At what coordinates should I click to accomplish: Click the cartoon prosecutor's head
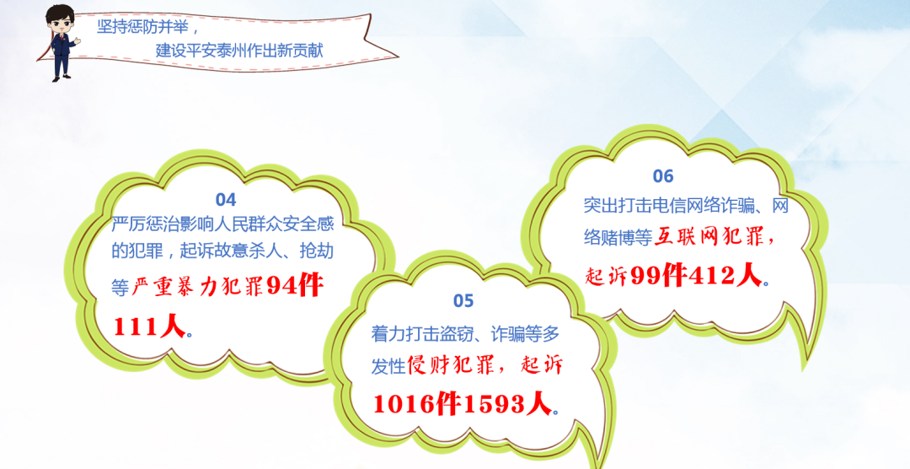point(61,21)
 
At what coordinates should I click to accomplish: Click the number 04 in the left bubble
point(226,200)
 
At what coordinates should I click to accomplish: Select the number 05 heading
point(463,301)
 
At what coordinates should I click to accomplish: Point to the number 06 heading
point(663,175)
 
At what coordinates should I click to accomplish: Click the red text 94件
point(296,287)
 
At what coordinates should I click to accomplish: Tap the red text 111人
point(150,327)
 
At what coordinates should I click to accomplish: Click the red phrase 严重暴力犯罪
point(199,287)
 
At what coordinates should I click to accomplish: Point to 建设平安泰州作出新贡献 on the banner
point(239,50)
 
